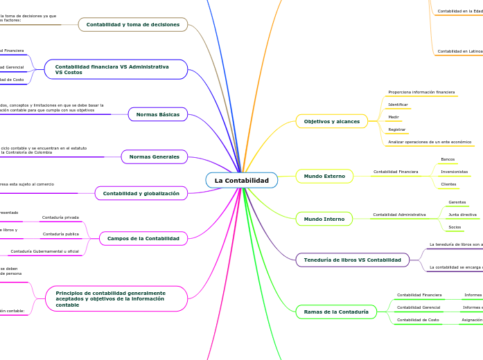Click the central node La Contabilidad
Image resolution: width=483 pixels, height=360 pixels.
pyautogui.click(x=241, y=181)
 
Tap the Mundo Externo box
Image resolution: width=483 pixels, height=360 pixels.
pyautogui.click(x=324, y=176)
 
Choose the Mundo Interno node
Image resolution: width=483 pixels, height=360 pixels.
pyautogui.click(x=324, y=219)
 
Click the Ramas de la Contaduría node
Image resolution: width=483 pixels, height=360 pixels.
pyautogui.click(x=336, y=312)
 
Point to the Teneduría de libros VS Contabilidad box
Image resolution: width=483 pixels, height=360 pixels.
pyautogui.click(x=353, y=260)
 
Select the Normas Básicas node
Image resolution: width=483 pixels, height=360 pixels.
pyautogui.click(x=158, y=114)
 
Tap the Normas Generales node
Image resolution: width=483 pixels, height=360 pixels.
pyautogui.click(x=154, y=157)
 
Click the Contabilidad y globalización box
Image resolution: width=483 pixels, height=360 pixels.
pyautogui.click(x=141, y=193)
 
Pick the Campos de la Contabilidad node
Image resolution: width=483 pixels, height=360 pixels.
pyautogui.click(x=143, y=238)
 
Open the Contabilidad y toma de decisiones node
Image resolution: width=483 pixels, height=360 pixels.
pyautogui.click(x=133, y=25)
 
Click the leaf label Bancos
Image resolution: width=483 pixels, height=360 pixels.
pyautogui.click(x=448, y=159)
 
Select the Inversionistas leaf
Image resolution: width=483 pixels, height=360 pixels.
pyautogui.click(x=454, y=172)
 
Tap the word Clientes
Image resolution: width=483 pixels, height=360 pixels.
pyautogui.click(x=448, y=184)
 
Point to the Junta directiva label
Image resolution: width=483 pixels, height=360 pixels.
pyautogui.click(x=462, y=215)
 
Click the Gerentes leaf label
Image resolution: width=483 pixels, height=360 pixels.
pyautogui.click(x=457, y=202)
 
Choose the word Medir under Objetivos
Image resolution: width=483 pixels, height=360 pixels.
pyautogui.click(x=394, y=117)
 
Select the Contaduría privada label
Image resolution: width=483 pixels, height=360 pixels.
pyautogui.click(x=60, y=217)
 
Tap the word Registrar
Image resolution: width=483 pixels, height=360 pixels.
pyautogui.click(x=397, y=129)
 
